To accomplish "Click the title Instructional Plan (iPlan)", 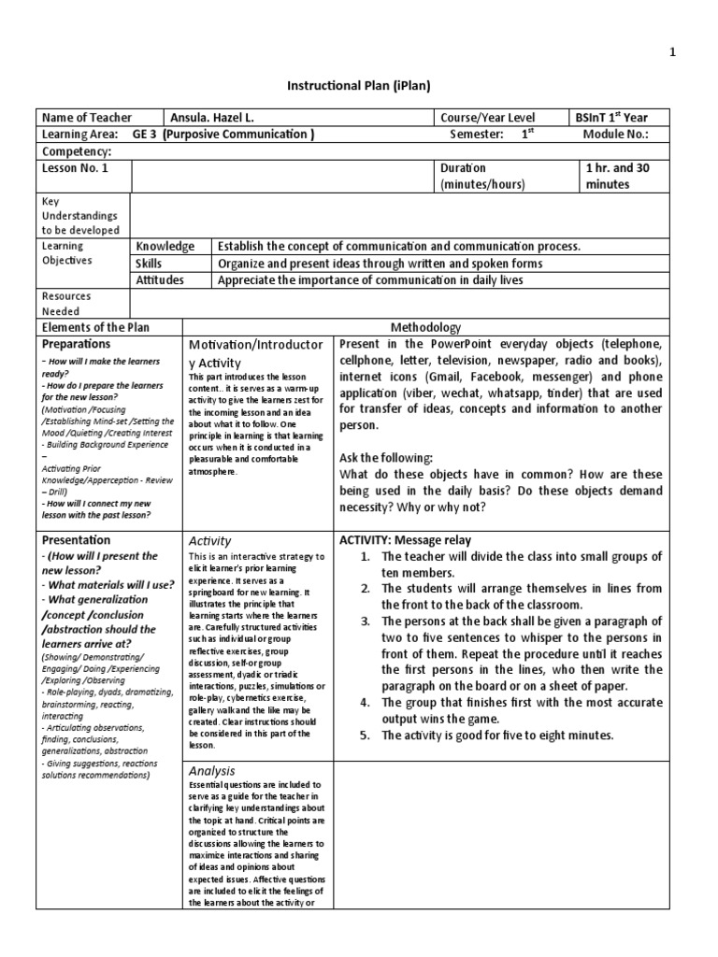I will (358, 86).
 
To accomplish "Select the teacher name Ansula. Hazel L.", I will (211, 118).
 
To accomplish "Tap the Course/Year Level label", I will (489, 118).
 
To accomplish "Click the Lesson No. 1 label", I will (75, 168).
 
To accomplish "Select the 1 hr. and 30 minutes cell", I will (617, 177).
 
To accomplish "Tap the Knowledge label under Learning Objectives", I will (165, 247).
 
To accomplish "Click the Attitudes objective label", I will (160, 280).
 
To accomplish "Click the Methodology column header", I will (425, 327).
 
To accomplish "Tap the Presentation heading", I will (76, 540).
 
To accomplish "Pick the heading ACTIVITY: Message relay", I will (405, 540).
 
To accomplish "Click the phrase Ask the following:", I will (386, 458).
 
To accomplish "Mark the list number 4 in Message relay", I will (366, 702).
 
